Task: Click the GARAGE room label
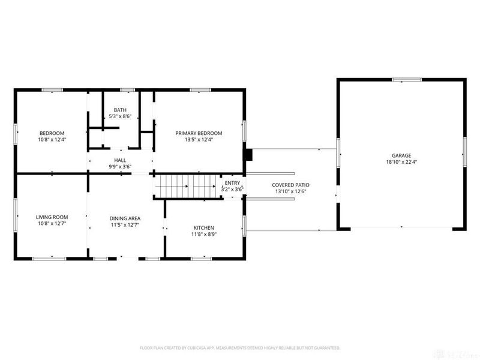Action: [402, 155]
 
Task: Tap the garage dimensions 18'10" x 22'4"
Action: [402, 162]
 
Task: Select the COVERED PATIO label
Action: [290, 185]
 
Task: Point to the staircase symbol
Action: [185, 187]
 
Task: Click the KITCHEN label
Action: [203, 227]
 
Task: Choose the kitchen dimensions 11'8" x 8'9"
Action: [203, 234]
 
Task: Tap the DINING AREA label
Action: [125, 218]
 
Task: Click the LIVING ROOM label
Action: [52, 217]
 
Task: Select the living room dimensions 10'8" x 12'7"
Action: [52, 224]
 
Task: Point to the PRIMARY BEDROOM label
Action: [199, 133]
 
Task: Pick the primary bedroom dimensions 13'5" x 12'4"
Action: [199, 140]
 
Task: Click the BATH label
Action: [120, 110]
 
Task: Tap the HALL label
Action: [120, 160]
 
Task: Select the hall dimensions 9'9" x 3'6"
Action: [120, 167]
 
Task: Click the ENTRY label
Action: [232, 183]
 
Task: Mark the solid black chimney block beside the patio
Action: [248, 154]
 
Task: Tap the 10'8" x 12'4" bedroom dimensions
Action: [52, 140]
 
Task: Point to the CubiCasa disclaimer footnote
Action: [240, 348]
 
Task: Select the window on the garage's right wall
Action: [464, 150]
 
